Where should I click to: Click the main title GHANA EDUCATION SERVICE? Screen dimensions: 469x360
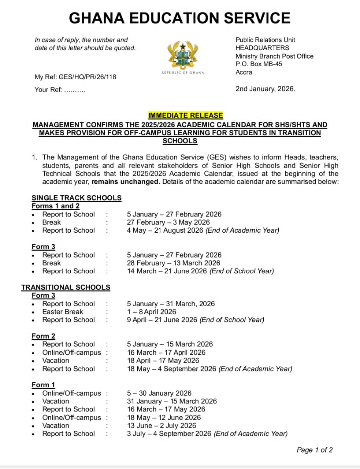[180, 18]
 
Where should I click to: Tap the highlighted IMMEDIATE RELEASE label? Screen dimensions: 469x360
[185, 115]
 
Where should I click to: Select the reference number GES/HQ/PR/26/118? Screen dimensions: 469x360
[87, 77]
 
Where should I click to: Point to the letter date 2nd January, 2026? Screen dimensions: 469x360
[265, 89]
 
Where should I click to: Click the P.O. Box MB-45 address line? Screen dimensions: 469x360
[259, 64]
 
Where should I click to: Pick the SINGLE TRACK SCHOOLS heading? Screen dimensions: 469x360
[77, 198]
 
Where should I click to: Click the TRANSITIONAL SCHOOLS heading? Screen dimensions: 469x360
[66, 287]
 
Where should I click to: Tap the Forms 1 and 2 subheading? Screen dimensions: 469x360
[55, 206]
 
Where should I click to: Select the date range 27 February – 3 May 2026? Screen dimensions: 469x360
[168, 222]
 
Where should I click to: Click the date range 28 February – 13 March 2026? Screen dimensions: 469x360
[173, 263]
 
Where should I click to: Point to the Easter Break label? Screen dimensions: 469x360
[63, 312]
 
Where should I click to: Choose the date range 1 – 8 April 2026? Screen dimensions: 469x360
[151, 312]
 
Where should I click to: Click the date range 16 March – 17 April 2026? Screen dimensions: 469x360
[166, 352]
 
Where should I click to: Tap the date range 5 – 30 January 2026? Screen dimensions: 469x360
[159, 393]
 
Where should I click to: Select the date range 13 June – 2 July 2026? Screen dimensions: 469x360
[161, 426]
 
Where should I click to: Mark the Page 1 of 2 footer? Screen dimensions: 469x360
[314, 450]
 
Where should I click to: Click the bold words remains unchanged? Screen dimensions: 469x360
[126, 182]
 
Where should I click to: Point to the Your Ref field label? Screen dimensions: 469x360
[48, 90]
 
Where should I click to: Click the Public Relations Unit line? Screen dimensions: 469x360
[265, 40]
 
